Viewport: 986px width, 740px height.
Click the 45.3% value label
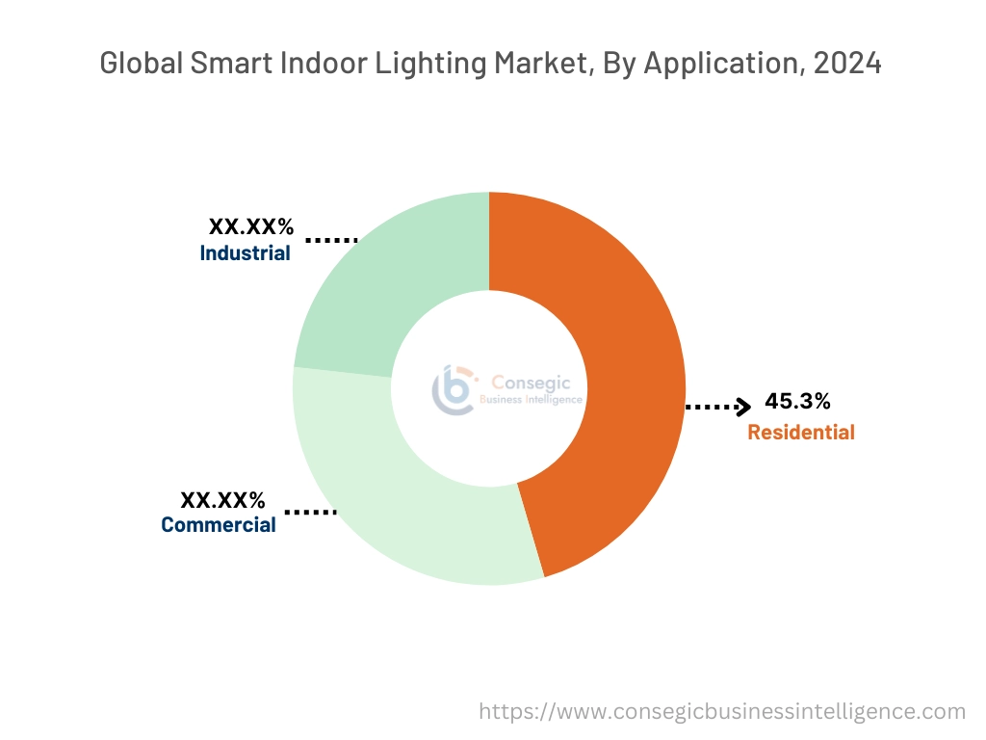797,401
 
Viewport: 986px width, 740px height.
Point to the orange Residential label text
800,432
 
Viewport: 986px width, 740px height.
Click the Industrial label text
245,253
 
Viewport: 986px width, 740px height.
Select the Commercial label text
218,525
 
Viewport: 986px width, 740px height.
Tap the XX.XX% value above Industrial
250,227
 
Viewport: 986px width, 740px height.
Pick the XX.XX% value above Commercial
222,499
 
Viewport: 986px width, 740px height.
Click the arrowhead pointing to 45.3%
742,407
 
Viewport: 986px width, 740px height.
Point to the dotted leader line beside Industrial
331,239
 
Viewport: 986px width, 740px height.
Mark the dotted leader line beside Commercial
310,513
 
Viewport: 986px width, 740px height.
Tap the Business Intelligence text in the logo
532,399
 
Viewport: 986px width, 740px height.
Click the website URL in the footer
722,711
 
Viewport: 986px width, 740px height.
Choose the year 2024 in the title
847,64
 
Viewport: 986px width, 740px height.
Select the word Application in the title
712,64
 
